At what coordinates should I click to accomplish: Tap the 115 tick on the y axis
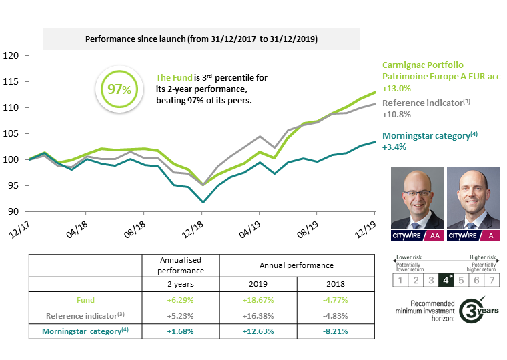(10, 81)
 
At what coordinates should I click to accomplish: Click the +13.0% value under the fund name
(397, 87)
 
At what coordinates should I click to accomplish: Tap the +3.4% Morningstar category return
(394, 147)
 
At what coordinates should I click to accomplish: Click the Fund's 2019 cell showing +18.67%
(258, 301)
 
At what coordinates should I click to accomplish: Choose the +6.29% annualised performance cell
(181, 301)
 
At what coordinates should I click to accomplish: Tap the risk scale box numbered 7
(493, 280)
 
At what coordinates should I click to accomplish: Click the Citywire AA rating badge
(416, 235)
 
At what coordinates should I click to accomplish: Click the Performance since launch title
(201, 39)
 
